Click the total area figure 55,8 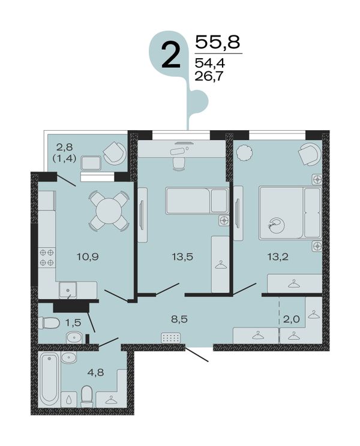[x=218, y=42]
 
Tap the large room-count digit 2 [x=171, y=56]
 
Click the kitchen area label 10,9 [x=88, y=257]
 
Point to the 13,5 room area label [x=182, y=257]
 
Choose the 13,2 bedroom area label [x=278, y=257]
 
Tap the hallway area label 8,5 [x=179, y=319]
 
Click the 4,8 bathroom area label [x=95, y=372]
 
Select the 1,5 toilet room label [x=73, y=323]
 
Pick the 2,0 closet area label [x=292, y=319]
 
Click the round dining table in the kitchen [x=109, y=211]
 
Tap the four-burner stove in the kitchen [x=47, y=257]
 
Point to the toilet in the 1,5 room [x=49, y=323]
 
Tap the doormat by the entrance [x=171, y=338]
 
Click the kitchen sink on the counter [x=68, y=290]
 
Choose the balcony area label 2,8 [x=65, y=147]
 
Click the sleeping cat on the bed [x=276, y=225]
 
